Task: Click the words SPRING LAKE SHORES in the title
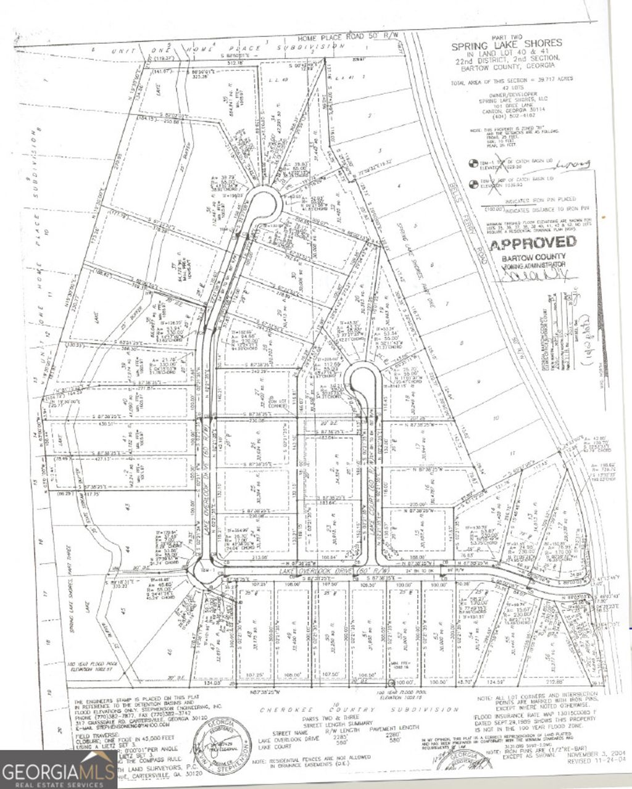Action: coord(507,43)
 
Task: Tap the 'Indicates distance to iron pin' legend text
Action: coord(541,208)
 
